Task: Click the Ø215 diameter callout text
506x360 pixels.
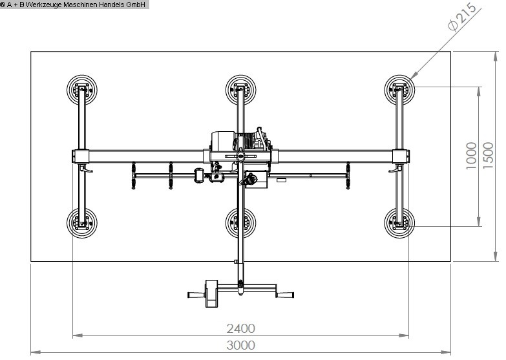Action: pos(463,17)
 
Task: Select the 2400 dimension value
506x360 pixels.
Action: pos(241,329)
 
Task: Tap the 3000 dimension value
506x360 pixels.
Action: pos(241,346)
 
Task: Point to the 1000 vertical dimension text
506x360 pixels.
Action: pos(472,155)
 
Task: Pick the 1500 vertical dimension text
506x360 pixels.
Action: pos(489,155)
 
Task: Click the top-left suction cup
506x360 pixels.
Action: pos(82,90)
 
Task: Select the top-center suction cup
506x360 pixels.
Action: pos(241,90)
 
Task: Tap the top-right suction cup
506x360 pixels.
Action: pos(399,90)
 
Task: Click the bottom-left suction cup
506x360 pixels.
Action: pos(82,223)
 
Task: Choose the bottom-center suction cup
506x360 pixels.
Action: pos(241,223)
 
